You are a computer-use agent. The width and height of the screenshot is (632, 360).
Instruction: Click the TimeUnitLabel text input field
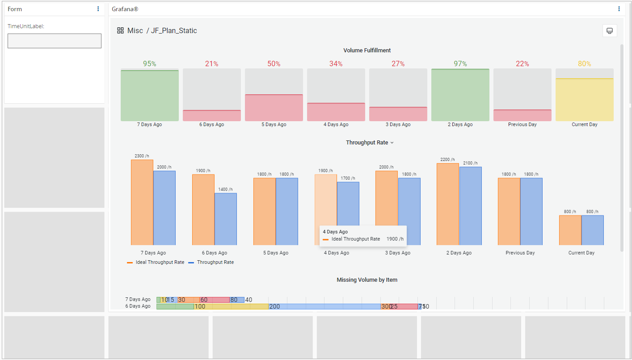(55, 41)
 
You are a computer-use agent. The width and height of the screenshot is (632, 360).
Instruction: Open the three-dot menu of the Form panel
(98, 9)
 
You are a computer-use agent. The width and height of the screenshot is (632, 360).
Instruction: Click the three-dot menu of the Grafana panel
(619, 9)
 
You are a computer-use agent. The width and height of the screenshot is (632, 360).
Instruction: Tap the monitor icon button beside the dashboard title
(610, 30)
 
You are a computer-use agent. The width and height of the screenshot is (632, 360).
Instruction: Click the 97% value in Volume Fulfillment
(460, 64)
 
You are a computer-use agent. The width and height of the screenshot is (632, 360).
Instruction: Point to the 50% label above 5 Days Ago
(274, 64)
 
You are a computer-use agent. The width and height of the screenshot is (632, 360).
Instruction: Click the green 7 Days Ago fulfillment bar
(150, 95)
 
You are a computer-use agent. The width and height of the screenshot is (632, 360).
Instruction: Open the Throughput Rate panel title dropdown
(370, 143)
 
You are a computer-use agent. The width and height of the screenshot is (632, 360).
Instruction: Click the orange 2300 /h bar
(142, 202)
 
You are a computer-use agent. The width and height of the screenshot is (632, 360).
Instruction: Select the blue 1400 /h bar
(226, 219)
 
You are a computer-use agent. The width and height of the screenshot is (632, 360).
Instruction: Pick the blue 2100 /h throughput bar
(471, 206)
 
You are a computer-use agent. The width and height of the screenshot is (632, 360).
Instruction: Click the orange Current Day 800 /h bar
(570, 230)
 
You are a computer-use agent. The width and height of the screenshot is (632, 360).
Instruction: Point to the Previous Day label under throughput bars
(520, 253)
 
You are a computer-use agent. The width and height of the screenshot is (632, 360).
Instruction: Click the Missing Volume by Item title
(367, 280)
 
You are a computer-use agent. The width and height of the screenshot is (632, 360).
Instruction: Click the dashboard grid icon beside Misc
(120, 30)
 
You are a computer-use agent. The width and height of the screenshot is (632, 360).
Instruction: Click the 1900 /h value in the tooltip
(395, 239)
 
